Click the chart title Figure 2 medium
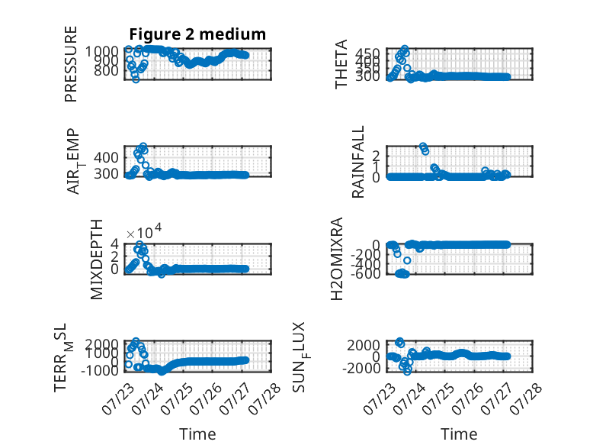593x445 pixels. tap(197, 34)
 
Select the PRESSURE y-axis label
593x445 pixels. tap(71, 64)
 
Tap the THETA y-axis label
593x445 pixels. tap(341, 64)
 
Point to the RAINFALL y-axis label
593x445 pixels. tap(357, 162)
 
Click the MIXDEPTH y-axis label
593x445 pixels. tap(97, 260)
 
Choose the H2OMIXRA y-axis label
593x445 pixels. tap(337, 259)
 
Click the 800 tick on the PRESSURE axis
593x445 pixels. tap(106, 70)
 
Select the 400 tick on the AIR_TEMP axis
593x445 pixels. tap(106, 157)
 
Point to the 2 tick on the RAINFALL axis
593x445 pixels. tap(376, 155)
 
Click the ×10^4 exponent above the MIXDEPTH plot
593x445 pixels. tap(144, 231)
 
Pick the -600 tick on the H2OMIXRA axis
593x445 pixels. tap(366, 273)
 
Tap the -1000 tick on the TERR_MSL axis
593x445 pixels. tap(100, 370)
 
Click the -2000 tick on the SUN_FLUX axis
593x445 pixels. tap(361, 368)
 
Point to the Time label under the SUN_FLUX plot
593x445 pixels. tap(459, 434)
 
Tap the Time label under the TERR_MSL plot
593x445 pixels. tap(197, 434)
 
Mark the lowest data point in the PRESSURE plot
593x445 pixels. tap(136, 79)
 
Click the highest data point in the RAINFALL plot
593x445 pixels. tap(423, 146)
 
